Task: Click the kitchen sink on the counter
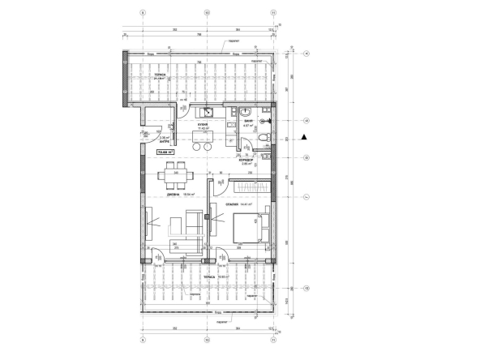point(207,112)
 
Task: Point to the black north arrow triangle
point(303,137)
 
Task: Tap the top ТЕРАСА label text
point(160,75)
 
